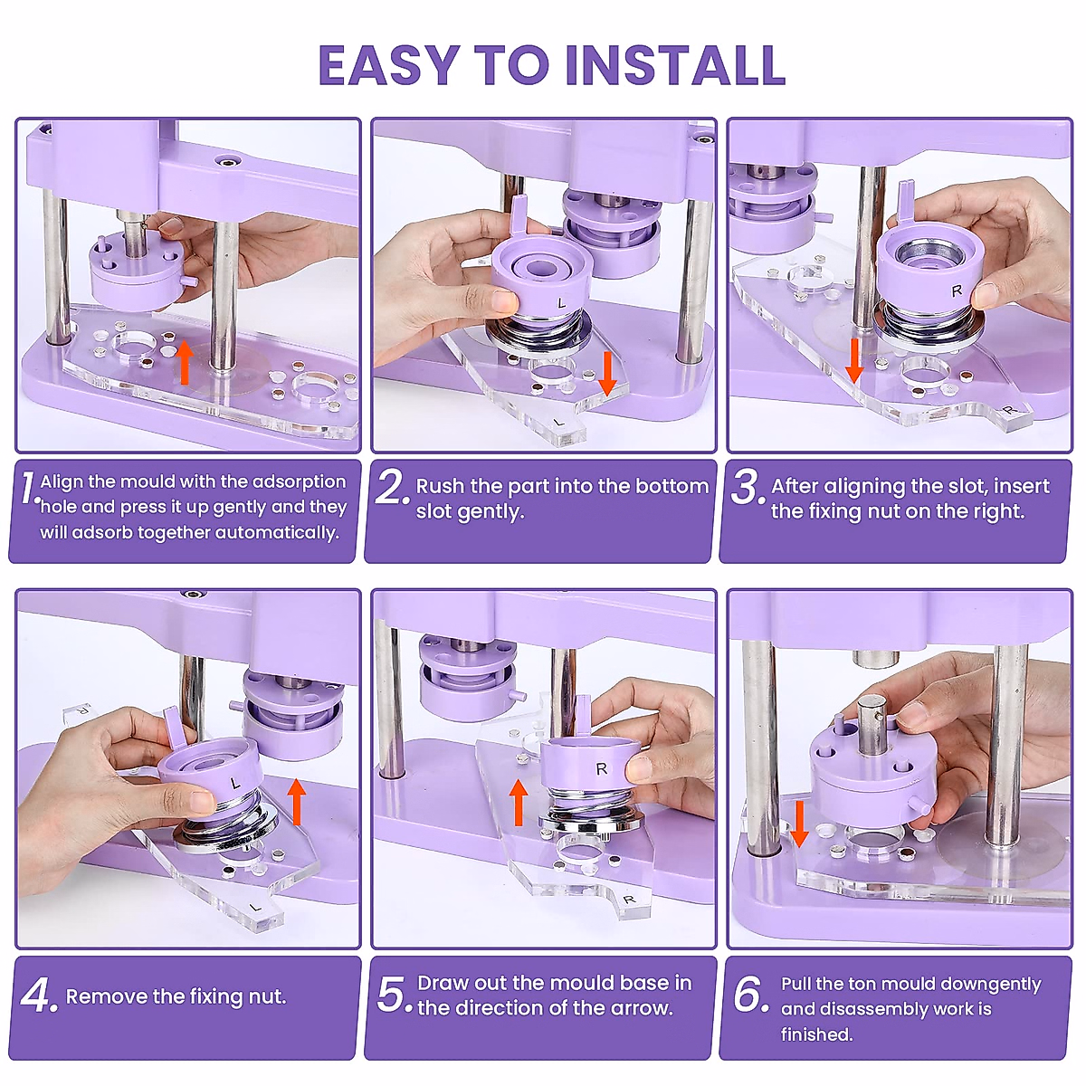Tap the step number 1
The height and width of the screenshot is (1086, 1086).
tap(29, 489)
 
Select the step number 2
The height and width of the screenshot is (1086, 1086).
tap(392, 489)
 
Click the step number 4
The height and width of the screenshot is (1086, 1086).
tap(38, 997)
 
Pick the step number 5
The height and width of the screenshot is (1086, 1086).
tap(394, 995)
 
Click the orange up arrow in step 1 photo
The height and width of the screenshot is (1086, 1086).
tap(185, 362)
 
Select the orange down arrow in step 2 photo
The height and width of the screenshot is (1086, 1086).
tap(607, 373)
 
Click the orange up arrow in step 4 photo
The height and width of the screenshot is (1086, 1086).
tap(296, 802)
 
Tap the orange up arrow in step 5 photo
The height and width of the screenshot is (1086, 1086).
tap(519, 803)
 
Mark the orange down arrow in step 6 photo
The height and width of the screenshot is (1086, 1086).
tap(798, 823)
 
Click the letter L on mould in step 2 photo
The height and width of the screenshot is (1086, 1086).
tap(561, 302)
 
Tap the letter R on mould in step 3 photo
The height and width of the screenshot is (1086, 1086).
tap(957, 291)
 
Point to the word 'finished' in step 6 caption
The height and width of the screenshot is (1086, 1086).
tap(816, 1034)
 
